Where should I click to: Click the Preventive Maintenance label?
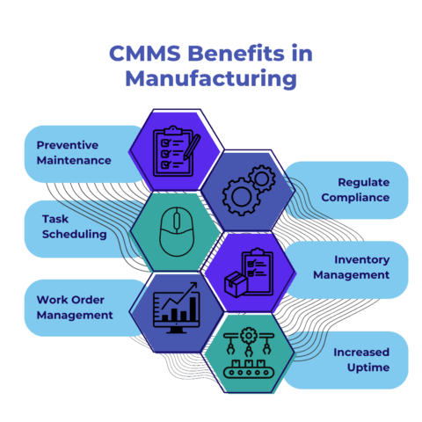click(x=74, y=152)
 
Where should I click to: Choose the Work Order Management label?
click(x=75, y=306)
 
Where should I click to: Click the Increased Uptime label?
click(x=360, y=359)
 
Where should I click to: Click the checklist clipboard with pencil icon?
click(x=172, y=149)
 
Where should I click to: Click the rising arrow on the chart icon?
click(x=181, y=295)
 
